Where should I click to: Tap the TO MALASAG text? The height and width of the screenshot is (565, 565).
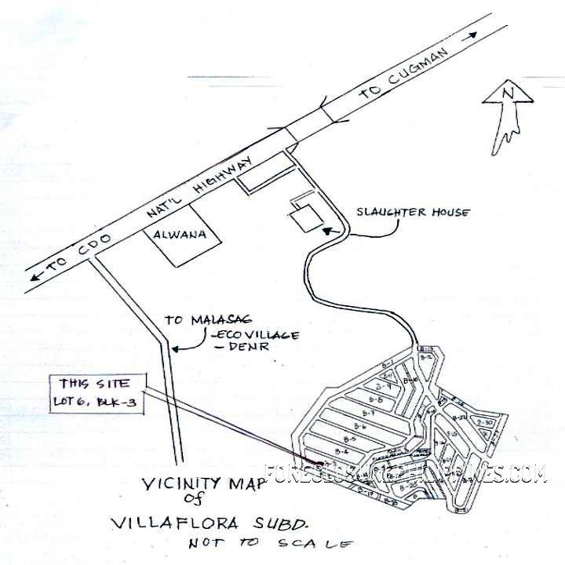(197, 320)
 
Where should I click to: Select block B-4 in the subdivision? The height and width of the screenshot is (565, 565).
(341, 452)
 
